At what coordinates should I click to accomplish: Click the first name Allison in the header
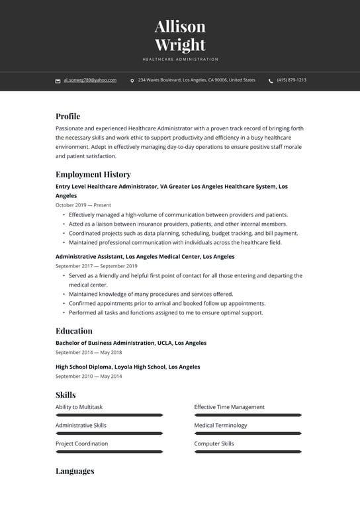(180, 26)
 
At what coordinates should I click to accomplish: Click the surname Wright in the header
(180, 45)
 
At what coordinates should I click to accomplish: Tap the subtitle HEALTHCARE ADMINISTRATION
(180, 60)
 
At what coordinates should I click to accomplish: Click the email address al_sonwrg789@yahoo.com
(90, 80)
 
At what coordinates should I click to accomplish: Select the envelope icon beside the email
(58, 81)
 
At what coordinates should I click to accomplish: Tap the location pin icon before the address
(132, 81)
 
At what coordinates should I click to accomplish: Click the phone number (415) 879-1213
(291, 80)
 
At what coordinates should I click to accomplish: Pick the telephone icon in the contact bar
(271, 81)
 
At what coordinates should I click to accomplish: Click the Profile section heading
(67, 116)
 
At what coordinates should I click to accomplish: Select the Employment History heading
(93, 175)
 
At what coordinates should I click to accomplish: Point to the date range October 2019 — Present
(83, 205)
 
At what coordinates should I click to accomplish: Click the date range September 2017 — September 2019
(96, 266)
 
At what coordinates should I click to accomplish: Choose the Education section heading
(74, 331)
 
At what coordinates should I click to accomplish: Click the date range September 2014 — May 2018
(89, 353)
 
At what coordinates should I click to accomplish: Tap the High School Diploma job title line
(128, 367)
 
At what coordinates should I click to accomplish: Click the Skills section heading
(66, 395)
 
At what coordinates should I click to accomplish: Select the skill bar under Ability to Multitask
(109, 415)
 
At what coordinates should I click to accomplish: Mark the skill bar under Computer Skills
(248, 451)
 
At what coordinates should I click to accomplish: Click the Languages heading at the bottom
(75, 471)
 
